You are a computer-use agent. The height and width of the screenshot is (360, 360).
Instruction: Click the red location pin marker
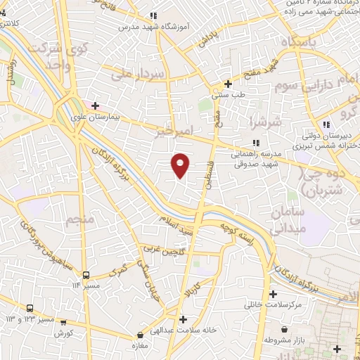tap(181, 165)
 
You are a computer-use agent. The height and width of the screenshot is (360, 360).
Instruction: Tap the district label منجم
tap(79, 221)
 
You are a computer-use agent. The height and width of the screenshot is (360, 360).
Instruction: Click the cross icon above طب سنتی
tap(228, 84)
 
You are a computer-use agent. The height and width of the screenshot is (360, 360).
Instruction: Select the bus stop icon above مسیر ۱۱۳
tap(86, 275)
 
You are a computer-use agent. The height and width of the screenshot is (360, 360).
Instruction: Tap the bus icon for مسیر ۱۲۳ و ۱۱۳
tap(30, 309)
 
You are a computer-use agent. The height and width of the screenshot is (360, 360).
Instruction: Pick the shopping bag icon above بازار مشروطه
tap(284, 329)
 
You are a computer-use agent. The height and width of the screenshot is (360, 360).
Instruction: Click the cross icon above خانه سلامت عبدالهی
tap(183, 319)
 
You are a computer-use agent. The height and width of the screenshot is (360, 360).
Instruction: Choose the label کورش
tap(64, 332)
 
